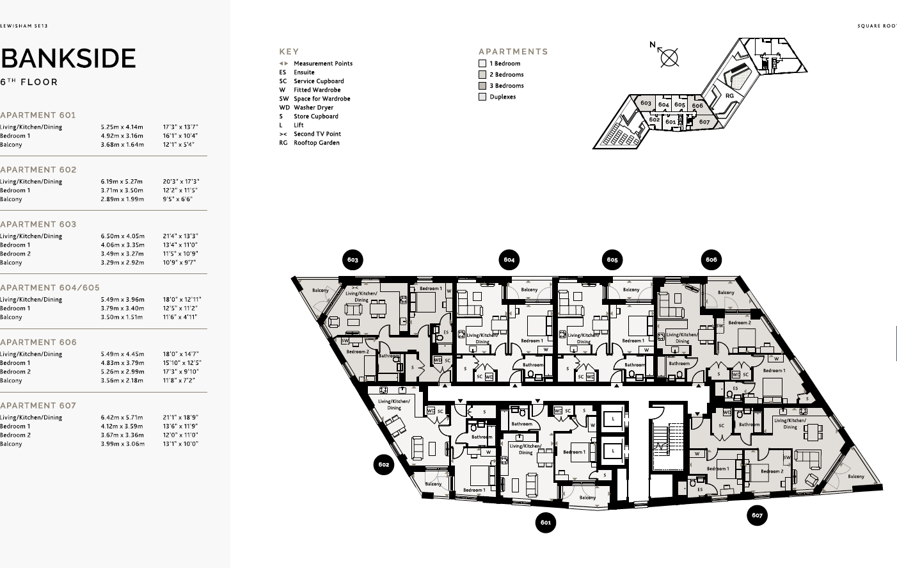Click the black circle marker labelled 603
pyautogui.click(x=353, y=259)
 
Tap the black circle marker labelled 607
pyautogui.click(x=757, y=515)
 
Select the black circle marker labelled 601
pyautogui.click(x=545, y=523)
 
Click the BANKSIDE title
pyautogui.click(x=68, y=58)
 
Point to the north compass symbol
pyautogui.click(x=669, y=57)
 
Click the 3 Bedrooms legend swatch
pyautogui.click(x=482, y=86)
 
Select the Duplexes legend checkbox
pyautogui.click(x=482, y=97)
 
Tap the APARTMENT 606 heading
pyautogui.click(x=38, y=342)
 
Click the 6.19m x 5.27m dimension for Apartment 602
pyautogui.click(x=122, y=181)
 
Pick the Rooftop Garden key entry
pyautogui.click(x=316, y=143)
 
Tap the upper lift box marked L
pyautogui.click(x=613, y=418)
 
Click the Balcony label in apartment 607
pyautogui.click(x=855, y=476)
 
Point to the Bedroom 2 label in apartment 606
pyautogui.click(x=739, y=323)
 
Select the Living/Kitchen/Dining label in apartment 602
pyautogui.click(x=394, y=405)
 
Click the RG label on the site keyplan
pyautogui.click(x=729, y=95)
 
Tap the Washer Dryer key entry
pyautogui.click(x=313, y=108)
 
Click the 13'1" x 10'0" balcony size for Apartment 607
pyautogui.click(x=180, y=444)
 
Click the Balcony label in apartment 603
pyautogui.click(x=321, y=290)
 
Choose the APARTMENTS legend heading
pyautogui.click(x=513, y=51)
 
